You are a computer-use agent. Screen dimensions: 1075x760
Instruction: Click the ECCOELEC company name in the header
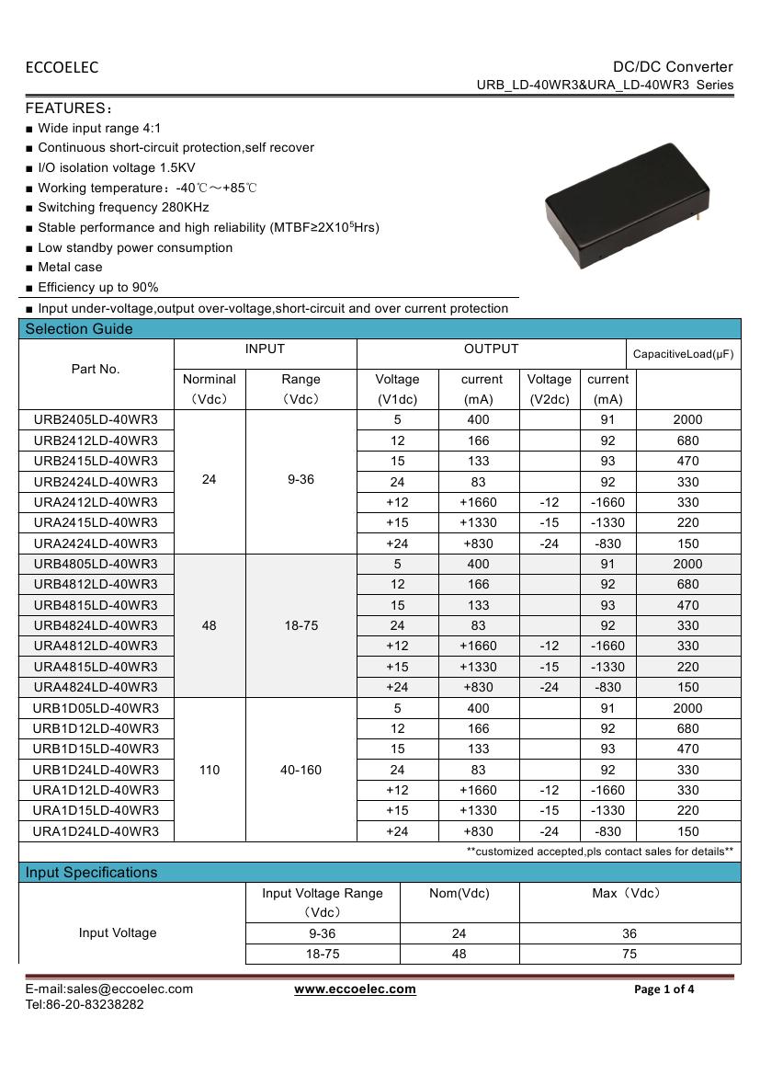pyautogui.click(x=62, y=67)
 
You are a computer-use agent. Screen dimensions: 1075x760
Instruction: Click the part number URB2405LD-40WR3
pyautogui.click(x=96, y=419)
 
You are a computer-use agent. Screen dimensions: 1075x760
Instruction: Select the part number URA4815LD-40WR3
pyautogui.click(x=96, y=667)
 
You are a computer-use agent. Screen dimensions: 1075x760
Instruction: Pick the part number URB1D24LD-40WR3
pyautogui.click(x=96, y=770)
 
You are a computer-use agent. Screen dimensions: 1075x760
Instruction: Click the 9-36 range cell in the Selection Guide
pyautogui.click(x=301, y=480)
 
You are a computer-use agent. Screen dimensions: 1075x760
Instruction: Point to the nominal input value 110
pyautogui.click(x=210, y=770)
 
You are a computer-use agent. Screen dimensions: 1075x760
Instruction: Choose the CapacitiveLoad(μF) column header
pyautogui.click(x=684, y=354)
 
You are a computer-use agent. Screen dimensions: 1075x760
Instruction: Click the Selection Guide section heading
pyautogui.click(x=79, y=329)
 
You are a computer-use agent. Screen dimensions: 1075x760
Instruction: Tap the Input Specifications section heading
pyautogui.click(x=91, y=873)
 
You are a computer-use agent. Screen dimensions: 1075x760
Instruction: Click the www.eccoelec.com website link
pyautogui.click(x=355, y=989)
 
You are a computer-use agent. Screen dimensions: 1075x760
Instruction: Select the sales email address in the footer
pyautogui.click(x=108, y=989)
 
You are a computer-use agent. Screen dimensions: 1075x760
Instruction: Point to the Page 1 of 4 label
pyautogui.click(x=664, y=989)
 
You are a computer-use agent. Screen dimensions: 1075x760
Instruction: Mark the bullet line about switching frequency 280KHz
pyautogui.click(x=123, y=208)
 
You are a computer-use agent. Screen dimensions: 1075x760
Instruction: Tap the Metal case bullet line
pyautogui.click(x=70, y=268)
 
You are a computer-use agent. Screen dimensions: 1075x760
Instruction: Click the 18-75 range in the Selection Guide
pyautogui.click(x=301, y=625)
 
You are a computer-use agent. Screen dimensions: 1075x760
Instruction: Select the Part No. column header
pyautogui.click(x=96, y=369)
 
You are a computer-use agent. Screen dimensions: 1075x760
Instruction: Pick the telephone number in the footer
pyautogui.click(x=85, y=1005)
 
